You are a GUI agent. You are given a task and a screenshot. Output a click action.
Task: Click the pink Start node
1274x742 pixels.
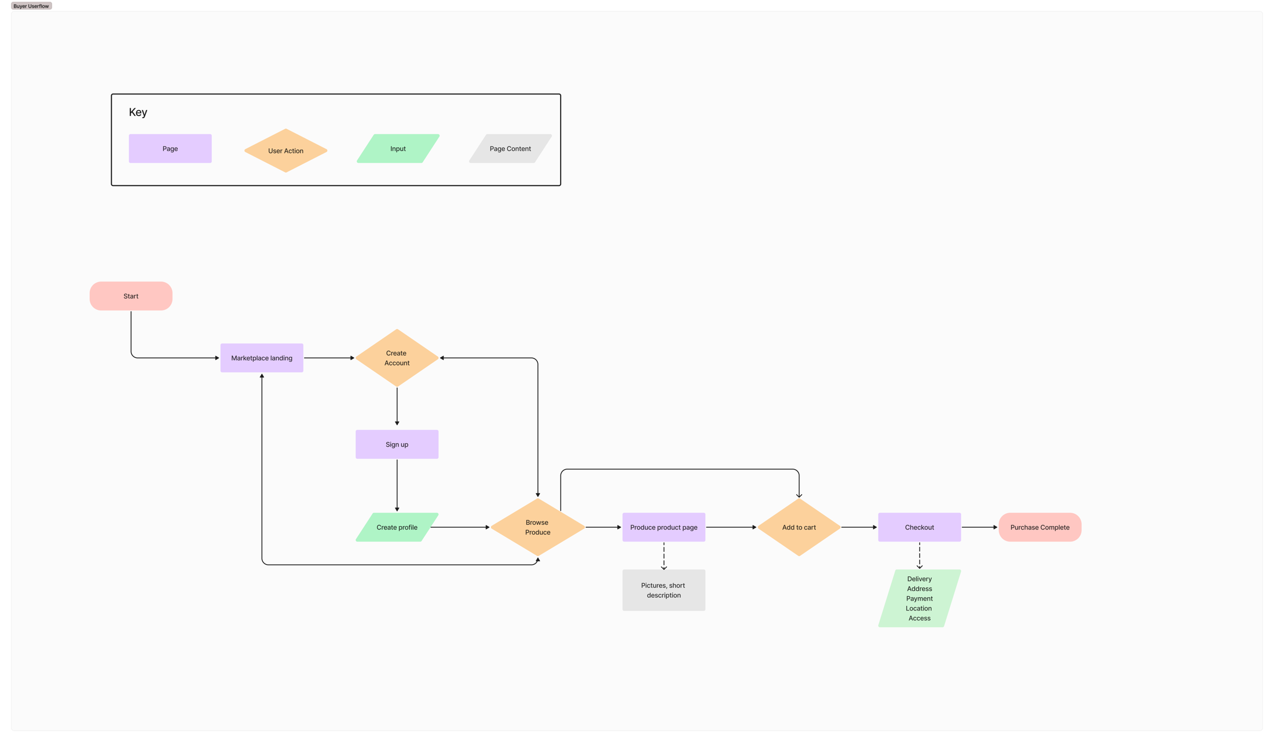pyautogui.click(x=131, y=296)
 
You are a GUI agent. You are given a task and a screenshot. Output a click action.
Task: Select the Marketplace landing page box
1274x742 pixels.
pyautogui.click(x=262, y=358)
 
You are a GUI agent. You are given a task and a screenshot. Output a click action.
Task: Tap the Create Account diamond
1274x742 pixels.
pyautogui.click(x=397, y=358)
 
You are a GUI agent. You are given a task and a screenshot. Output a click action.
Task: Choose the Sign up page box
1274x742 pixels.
pyautogui.click(x=397, y=444)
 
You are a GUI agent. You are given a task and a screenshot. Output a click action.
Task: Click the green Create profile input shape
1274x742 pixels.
pyautogui.click(x=397, y=527)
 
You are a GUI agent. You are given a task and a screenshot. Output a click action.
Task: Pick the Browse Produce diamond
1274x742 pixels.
pyautogui.click(x=537, y=527)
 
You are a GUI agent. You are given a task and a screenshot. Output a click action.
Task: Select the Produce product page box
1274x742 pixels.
pyautogui.click(x=664, y=527)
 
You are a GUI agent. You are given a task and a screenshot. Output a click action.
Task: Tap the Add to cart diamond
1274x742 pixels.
pyautogui.click(x=799, y=527)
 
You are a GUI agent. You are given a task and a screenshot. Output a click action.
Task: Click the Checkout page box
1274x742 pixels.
pyautogui.click(x=919, y=527)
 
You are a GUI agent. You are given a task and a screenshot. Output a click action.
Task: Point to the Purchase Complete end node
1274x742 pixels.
pyautogui.click(x=1039, y=527)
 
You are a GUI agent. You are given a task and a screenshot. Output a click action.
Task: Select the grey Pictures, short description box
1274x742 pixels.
pyautogui.click(x=664, y=590)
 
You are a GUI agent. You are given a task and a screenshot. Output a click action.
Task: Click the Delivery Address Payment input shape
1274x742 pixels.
pyautogui.click(x=919, y=598)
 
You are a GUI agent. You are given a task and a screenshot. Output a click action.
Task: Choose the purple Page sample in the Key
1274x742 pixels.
pyautogui.click(x=170, y=148)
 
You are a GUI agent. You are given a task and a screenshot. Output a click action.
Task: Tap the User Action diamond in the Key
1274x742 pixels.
pyautogui.click(x=285, y=151)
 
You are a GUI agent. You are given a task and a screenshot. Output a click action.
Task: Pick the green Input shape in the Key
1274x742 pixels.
pyautogui.click(x=398, y=148)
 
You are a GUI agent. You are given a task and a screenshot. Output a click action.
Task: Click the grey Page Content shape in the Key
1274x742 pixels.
pyautogui.click(x=510, y=148)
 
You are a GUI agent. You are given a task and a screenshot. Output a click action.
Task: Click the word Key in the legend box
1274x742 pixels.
pyautogui.click(x=138, y=112)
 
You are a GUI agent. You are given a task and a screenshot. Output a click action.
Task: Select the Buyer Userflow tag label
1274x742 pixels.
pyautogui.click(x=31, y=6)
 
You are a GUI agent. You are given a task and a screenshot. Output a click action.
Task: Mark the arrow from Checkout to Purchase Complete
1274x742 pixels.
pyautogui.click(x=979, y=527)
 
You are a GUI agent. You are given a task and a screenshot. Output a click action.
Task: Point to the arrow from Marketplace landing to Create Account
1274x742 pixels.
pyautogui.click(x=329, y=358)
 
